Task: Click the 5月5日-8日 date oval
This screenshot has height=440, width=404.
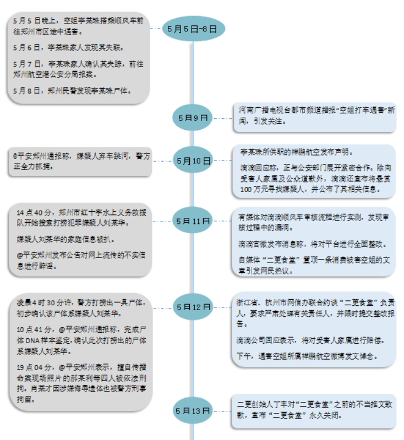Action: [193, 29]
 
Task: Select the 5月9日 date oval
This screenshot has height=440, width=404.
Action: [193, 118]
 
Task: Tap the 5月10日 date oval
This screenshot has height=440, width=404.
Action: [193, 160]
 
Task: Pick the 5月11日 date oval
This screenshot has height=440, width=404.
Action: [193, 221]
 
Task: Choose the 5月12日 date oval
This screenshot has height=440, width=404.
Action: [193, 307]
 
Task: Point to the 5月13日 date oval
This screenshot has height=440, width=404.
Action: [193, 410]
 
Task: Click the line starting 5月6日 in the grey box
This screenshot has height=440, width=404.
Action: [68, 48]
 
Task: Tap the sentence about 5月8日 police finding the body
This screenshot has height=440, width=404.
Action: [72, 91]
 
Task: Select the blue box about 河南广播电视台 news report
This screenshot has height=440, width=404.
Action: [315, 117]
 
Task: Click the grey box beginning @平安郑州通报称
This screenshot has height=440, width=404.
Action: [80, 162]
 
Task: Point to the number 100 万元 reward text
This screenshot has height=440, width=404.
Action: [256, 189]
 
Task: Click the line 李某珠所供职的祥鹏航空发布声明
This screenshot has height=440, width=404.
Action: [296, 152]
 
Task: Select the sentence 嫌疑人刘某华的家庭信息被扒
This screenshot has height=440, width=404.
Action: [65, 239]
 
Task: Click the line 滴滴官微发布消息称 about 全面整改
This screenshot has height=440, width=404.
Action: [312, 244]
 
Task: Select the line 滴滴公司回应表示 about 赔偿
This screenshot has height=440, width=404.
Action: [310, 340]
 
